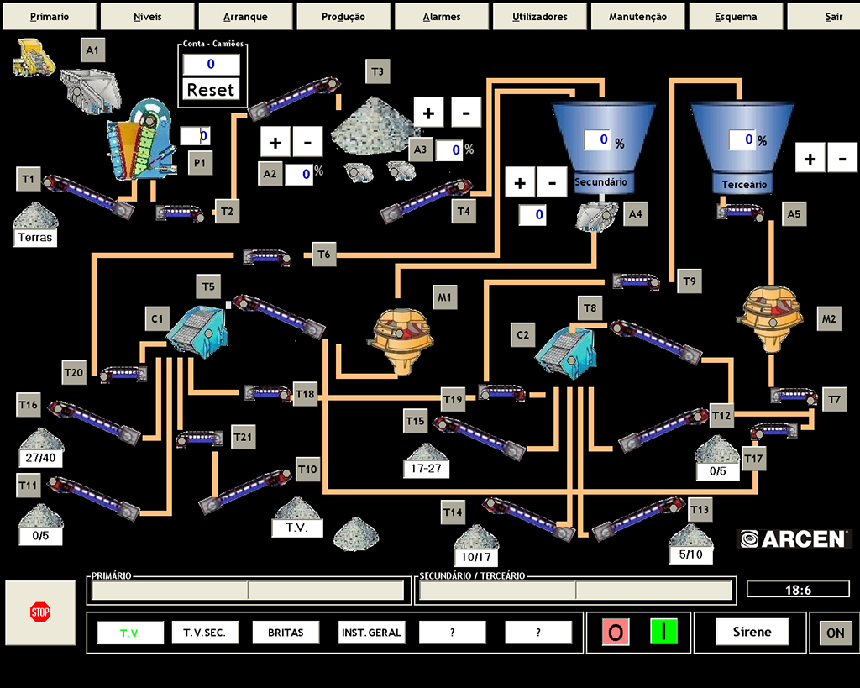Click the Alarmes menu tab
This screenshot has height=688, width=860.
(x=443, y=17)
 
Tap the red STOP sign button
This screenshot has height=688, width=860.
(x=40, y=612)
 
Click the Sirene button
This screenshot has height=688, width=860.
(x=752, y=632)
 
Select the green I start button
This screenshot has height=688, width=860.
(x=663, y=632)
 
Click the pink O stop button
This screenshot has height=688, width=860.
(x=616, y=632)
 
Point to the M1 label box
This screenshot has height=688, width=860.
(x=444, y=297)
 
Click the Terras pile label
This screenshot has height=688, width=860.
(x=34, y=238)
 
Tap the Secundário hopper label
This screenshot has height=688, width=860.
(x=602, y=181)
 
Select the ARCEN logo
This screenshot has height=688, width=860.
(x=794, y=538)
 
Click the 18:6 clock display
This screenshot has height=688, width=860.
(x=798, y=590)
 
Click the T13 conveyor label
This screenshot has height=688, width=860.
(x=700, y=510)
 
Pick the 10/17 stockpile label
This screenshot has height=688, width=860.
(x=475, y=557)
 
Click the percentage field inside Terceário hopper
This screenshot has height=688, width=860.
(x=741, y=139)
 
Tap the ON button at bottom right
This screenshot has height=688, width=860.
(x=835, y=633)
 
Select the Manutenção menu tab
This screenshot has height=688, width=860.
(x=637, y=17)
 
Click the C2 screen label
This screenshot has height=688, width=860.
(x=522, y=335)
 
